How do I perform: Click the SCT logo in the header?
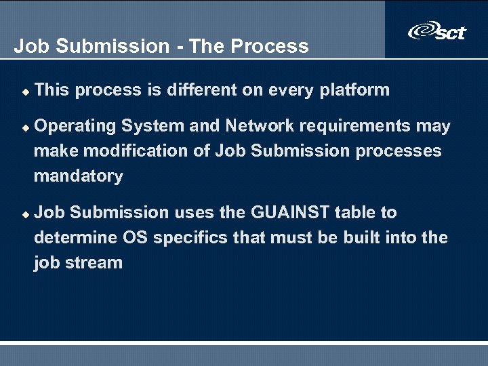436,31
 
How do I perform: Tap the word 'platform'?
354,89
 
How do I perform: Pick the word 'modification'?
130,150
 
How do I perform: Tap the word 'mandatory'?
79,176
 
